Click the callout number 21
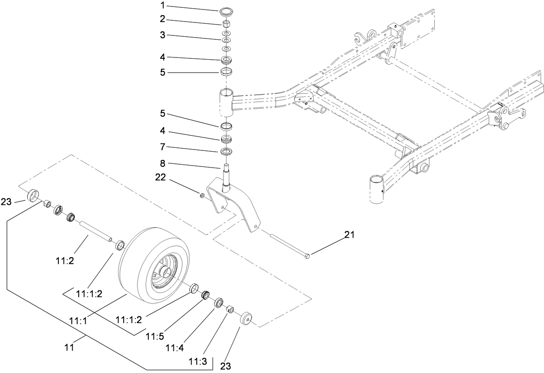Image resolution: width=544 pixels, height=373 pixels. [x=349, y=235]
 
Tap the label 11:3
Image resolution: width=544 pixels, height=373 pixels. [x=198, y=360]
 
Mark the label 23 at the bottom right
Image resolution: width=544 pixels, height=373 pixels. [x=226, y=367]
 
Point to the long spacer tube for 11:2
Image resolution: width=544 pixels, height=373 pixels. [x=95, y=230]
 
